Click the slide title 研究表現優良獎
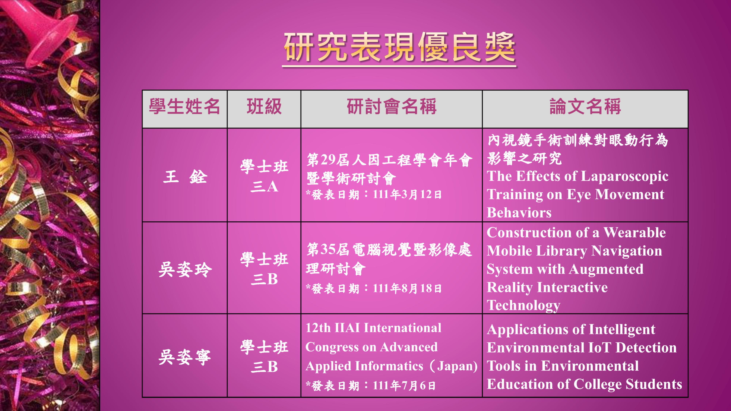(399, 47)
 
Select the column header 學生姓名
(184, 107)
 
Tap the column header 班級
(264, 107)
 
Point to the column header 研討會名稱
(392, 107)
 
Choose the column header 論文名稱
(585, 107)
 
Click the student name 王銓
(185, 176)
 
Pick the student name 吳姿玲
(185, 269)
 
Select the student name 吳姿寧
(185, 357)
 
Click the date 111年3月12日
(407, 195)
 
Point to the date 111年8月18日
(407, 288)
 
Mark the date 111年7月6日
(404, 385)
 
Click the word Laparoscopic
(625, 176)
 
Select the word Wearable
(635, 233)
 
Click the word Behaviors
(519, 213)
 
